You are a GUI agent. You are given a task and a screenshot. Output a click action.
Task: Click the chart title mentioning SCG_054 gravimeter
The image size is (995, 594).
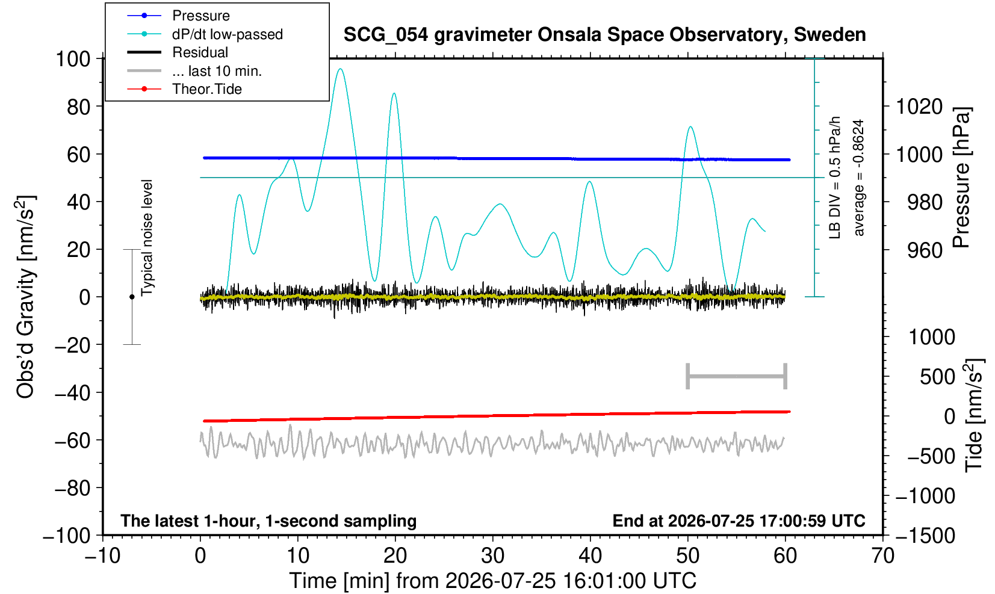pyautogui.click(x=604, y=35)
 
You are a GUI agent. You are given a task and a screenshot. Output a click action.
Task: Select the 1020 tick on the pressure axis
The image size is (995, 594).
pyautogui.click(x=919, y=107)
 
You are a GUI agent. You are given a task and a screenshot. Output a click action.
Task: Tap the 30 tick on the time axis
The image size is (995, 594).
pyautogui.click(x=492, y=555)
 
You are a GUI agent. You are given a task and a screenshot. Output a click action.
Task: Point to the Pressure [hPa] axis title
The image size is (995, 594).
pyautogui.click(x=962, y=178)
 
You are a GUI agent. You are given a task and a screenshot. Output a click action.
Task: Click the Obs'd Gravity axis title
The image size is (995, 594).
pyautogui.click(x=25, y=297)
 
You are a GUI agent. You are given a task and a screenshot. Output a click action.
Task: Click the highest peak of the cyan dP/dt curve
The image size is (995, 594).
pyautogui.click(x=340, y=69)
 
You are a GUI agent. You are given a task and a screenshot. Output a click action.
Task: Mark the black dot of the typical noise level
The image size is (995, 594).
pyautogui.click(x=132, y=297)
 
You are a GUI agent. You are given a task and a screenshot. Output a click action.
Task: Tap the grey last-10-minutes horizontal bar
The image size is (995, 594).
pyautogui.click(x=737, y=376)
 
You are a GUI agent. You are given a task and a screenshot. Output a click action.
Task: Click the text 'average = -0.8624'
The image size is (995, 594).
pyautogui.click(x=858, y=178)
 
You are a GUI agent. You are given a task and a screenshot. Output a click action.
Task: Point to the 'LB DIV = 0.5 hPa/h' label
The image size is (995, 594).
pyautogui.click(x=835, y=178)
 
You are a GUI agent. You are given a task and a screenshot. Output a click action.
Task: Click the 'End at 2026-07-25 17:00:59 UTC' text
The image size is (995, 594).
pyautogui.click(x=739, y=521)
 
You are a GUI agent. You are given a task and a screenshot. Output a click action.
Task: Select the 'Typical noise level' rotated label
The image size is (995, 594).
pyautogui.click(x=147, y=238)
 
